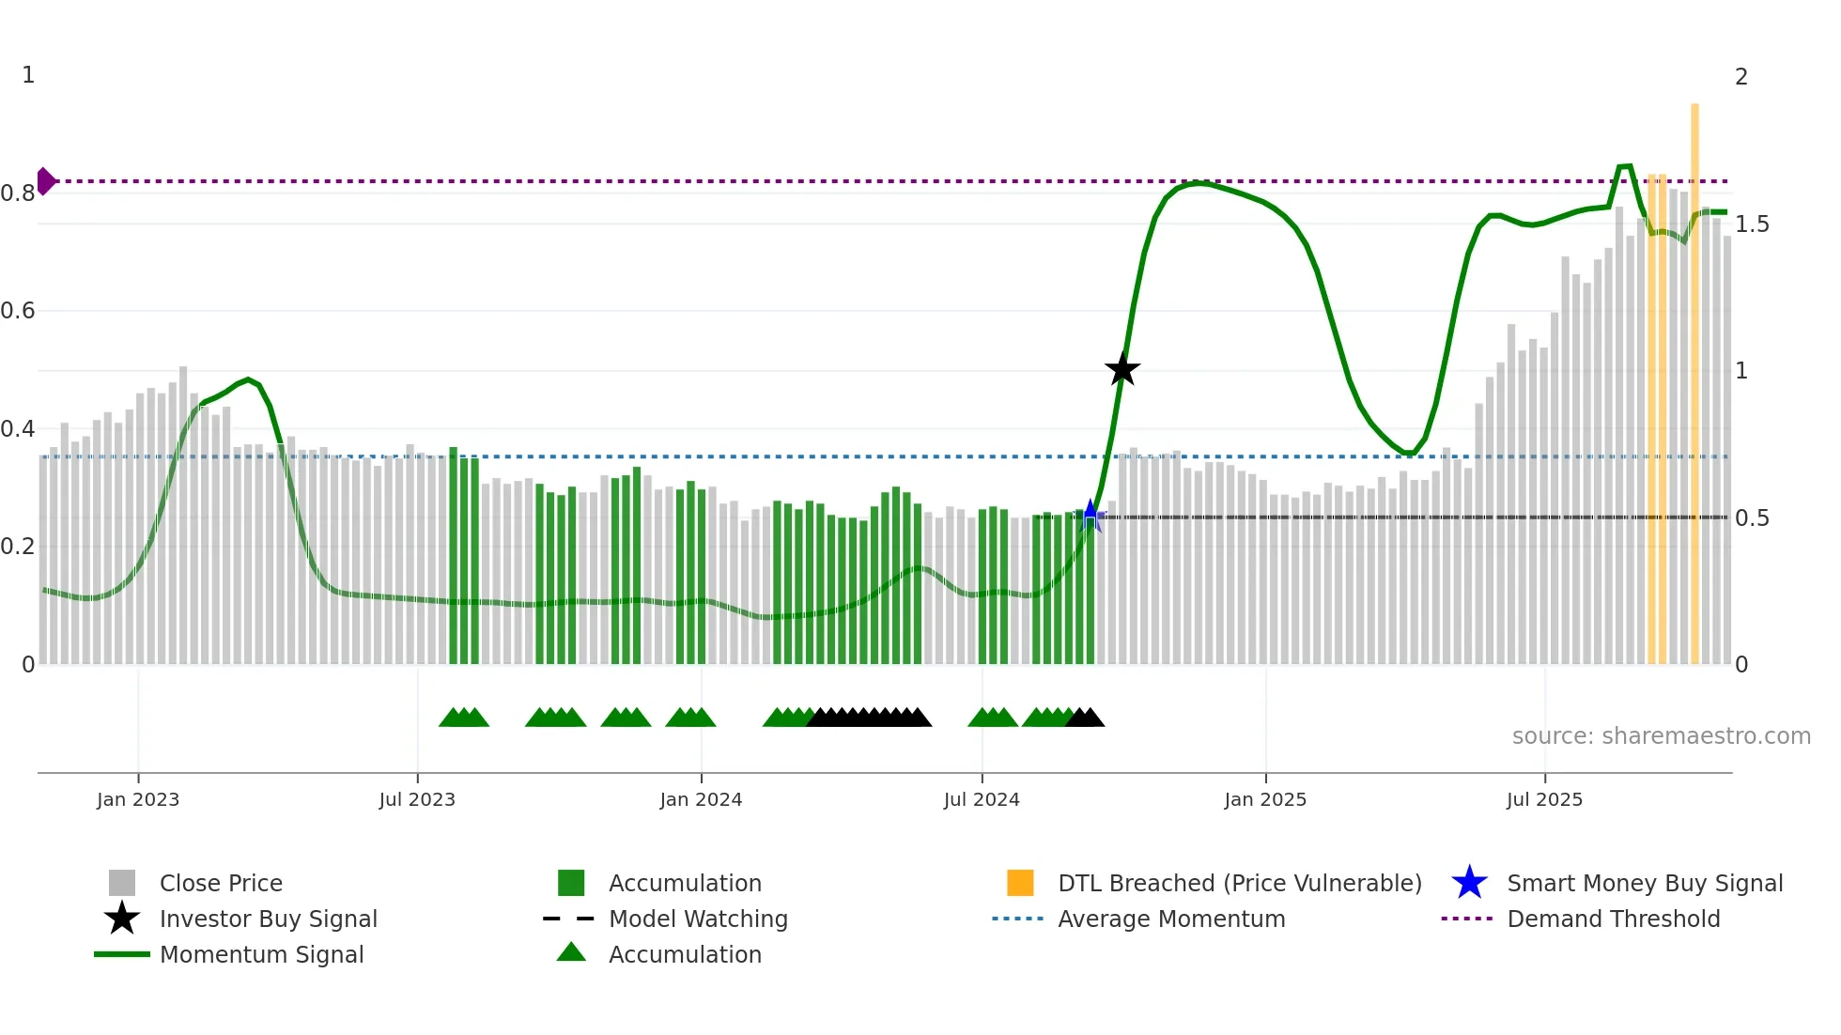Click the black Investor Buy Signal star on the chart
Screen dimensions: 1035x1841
tap(1122, 370)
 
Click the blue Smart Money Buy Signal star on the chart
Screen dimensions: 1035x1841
tap(1090, 515)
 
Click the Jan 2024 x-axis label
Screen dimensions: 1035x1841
tap(701, 799)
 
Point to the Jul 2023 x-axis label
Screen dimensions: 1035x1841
tap(417, 799)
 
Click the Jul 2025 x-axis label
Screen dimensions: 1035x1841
tap(1544, 799)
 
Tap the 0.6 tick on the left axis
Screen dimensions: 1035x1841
tap(18, 311)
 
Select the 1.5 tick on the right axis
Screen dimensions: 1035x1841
tap(1752, 224)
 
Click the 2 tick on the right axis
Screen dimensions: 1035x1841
tap(1741, 77)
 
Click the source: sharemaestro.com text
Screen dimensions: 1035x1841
tap(1661, 736)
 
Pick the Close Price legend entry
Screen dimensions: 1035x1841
tap(221, 883)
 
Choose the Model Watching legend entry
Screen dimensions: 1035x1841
tap(698, 919)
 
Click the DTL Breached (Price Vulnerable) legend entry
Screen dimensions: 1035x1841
tap(1239, 883)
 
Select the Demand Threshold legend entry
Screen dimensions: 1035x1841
tap(1613, 919)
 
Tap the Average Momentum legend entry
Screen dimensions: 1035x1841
tap(1171, 919)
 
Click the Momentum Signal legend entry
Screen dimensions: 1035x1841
tap(261, 954)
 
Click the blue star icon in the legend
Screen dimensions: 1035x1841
tap(1469, 883)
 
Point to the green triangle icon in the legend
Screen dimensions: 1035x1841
tap(571, 953)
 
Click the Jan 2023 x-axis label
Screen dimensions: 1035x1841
tap(138, 799)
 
